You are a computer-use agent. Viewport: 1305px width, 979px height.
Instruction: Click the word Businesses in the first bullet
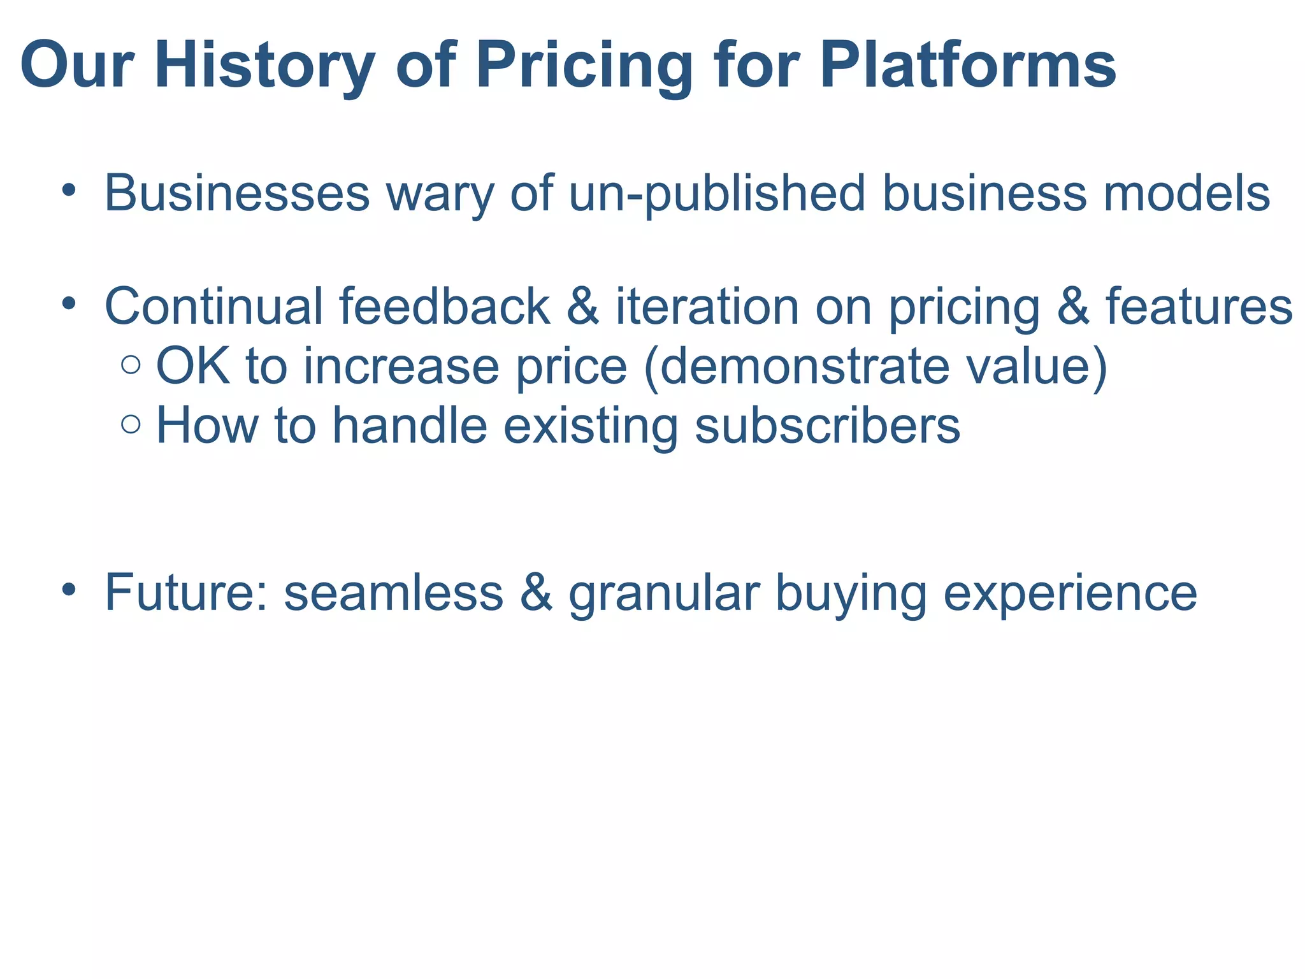[x=236, y=193]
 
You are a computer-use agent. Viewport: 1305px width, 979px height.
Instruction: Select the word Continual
[x=213, y=307]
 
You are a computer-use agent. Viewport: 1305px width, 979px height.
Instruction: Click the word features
[x=1199, y=307]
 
